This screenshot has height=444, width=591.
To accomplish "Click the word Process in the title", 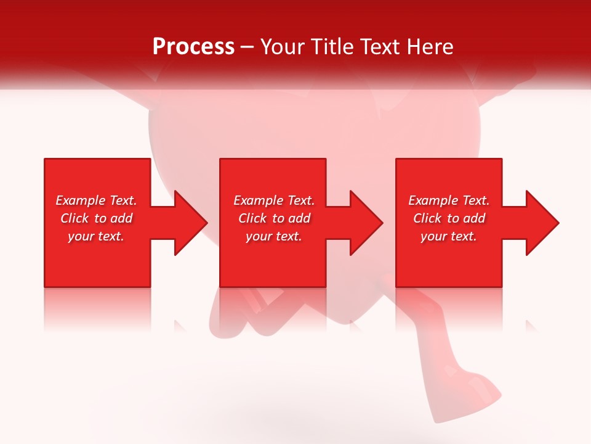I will (x=193, y=47).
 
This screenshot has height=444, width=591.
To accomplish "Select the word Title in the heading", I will (x=332, y=47).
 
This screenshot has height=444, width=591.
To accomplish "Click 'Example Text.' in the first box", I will (x=96, y=200).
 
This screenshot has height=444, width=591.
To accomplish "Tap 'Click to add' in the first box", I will (x=96, y=218).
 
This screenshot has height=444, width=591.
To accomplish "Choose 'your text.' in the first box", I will (x=96, y=236).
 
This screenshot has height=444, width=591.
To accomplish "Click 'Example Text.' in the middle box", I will (x=273, y=200).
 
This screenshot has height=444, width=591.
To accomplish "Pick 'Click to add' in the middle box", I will (x=273, y=218).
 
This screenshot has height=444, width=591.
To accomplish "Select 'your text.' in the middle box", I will (x=273, y=236).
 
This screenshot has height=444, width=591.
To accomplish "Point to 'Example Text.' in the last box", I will (x=449, y=200).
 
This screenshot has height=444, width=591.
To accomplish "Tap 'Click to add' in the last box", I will (x=449, y=218).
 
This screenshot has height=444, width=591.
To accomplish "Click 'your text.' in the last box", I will (x=449, y=236).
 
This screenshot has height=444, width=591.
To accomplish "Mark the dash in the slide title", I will (x=247, y=47).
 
